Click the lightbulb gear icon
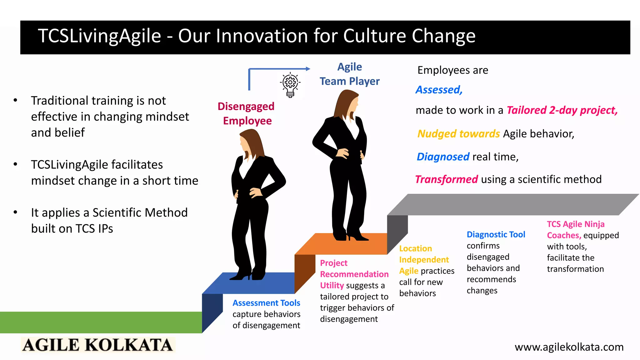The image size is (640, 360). (290, 85)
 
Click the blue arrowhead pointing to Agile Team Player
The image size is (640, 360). (308, 69)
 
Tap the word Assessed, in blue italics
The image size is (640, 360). (439, 90)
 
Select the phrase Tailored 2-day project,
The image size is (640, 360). (562, 110)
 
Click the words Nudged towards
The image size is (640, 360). (458, 134)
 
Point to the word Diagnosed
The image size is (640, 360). (443, 157)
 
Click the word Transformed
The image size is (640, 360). (446, 179)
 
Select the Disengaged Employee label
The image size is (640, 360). (246, 113)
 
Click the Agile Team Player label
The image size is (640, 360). (349, 74)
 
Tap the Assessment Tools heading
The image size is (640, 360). (266, 303)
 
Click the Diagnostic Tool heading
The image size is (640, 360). (496, 234)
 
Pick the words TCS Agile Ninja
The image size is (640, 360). (575, 224)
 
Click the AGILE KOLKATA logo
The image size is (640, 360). (97, 345)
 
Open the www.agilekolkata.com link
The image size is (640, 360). (569, 347)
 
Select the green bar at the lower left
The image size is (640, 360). (100, 322)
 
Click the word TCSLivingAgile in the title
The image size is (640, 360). (99, 36)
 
